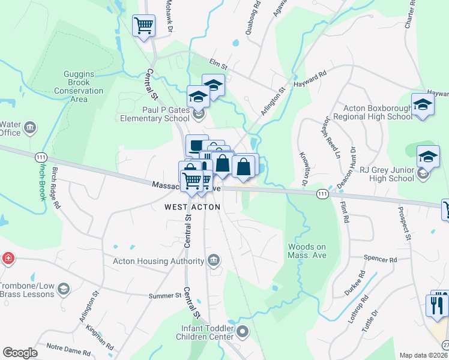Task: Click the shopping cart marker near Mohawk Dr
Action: [x=143, y=26]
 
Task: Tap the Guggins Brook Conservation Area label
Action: [x=79, y=86]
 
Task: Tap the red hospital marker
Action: [x=8, y=259]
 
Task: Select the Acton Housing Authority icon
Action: [x=213, y=260]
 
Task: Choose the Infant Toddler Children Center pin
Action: [x=243, y=331]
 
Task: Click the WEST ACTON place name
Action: [x=193, y=207]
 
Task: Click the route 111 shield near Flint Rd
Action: [x=322, y=194]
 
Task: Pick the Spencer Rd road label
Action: [x=381, y=260]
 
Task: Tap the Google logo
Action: [x=20, y=353]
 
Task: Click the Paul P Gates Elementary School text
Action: [x=158, y=114]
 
